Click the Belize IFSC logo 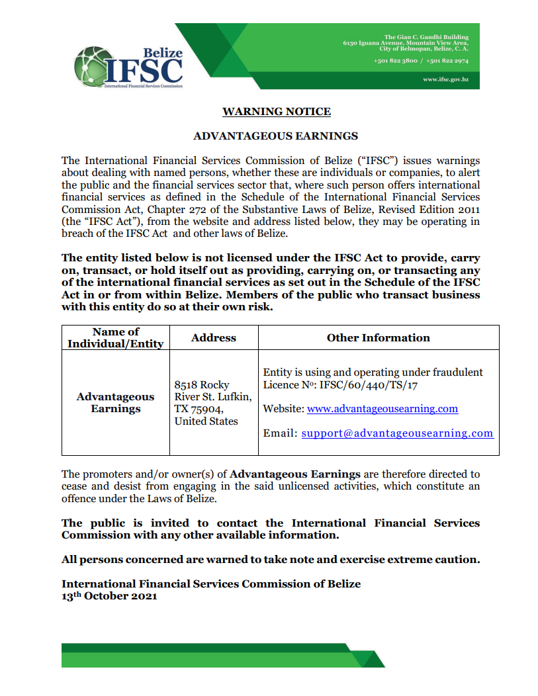pyautogui.click(x=128, y=67)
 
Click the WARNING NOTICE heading pyautogui.click(x=277, y=112)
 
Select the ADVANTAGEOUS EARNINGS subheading pyautogui.click(x=275, y=136)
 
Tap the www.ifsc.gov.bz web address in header pyautogui.click(x=445, y=79)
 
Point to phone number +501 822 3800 pyautogui.click(x=396, y=61)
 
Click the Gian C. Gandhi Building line pyautogui.click(x=426, y=37)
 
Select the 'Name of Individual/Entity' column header pyautogui.click(x=116, y=337)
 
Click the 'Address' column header pyautogui.click(x=214, y=337)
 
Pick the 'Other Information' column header pyautogui.click(x=379, y=337)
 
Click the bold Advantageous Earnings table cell pyautogui.click(x=116, y=402)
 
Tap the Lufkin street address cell pyautogui.click(x=212, y=402)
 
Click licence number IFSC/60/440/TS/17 pyautogui.click(x=374, y=384)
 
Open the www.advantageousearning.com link pyautogui.click(x=382, y=409)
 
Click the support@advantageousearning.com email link pyautogui.click(x=397, y=433)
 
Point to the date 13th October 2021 pyautogui.click(x=109, y=596)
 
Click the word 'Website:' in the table pyautogui.click(x=284, y=409)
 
